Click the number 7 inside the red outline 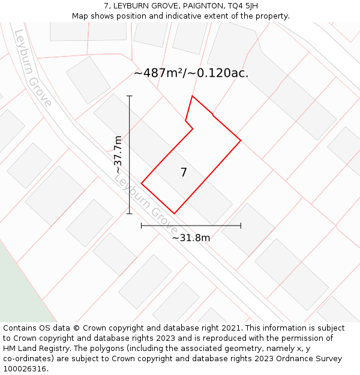184,173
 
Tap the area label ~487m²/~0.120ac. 191,74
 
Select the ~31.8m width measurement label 191,238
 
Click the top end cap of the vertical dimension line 130,96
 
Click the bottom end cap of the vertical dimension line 130,213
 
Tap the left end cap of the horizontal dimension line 142,226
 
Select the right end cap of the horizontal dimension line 241,226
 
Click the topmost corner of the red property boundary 192,96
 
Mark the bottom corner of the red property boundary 174,213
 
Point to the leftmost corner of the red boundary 142,183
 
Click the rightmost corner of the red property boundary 241,140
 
